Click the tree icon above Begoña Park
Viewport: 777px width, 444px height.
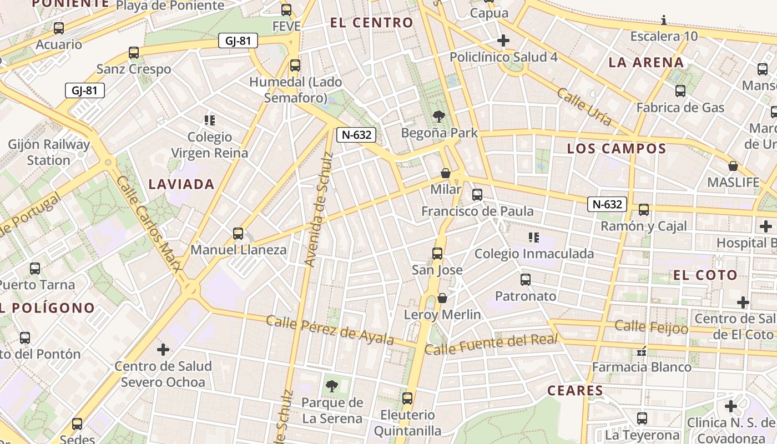click(439, 117)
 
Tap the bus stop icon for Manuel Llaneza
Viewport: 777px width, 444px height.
click(238, 234)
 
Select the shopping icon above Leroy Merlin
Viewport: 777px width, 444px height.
click(442, 299)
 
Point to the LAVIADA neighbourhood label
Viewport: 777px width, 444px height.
click(181, 184)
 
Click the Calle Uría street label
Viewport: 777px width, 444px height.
click(584, 107)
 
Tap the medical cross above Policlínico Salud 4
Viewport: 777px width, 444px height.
click(503, 41)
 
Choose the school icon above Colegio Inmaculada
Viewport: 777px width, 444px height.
click(534, 238)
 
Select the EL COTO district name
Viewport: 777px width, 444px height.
click(705, 275)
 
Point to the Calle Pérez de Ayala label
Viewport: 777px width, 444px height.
click(330, 330)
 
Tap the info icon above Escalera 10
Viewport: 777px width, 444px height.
click(664, 21)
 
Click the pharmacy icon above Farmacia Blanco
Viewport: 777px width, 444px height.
click(642, 351)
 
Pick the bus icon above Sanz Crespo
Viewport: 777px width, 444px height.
click(134, 53)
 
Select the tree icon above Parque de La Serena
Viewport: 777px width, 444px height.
click(332, 386)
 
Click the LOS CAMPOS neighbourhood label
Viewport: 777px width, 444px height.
click(616, 149)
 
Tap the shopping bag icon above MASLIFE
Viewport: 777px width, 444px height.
click(733, 166)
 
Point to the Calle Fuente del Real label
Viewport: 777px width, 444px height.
click(491, 345)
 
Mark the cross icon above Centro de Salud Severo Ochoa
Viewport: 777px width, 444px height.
click(163, 350)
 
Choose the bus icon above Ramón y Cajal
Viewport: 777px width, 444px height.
click(644, 210)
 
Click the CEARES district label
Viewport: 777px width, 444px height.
click(575, 391)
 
